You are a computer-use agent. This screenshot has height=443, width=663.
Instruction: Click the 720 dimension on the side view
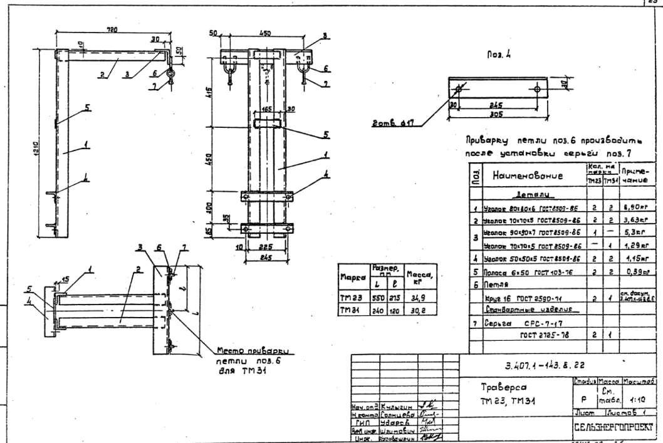tap(112, 31)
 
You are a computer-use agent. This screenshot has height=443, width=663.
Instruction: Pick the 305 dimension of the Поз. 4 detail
tap(496, 113)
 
